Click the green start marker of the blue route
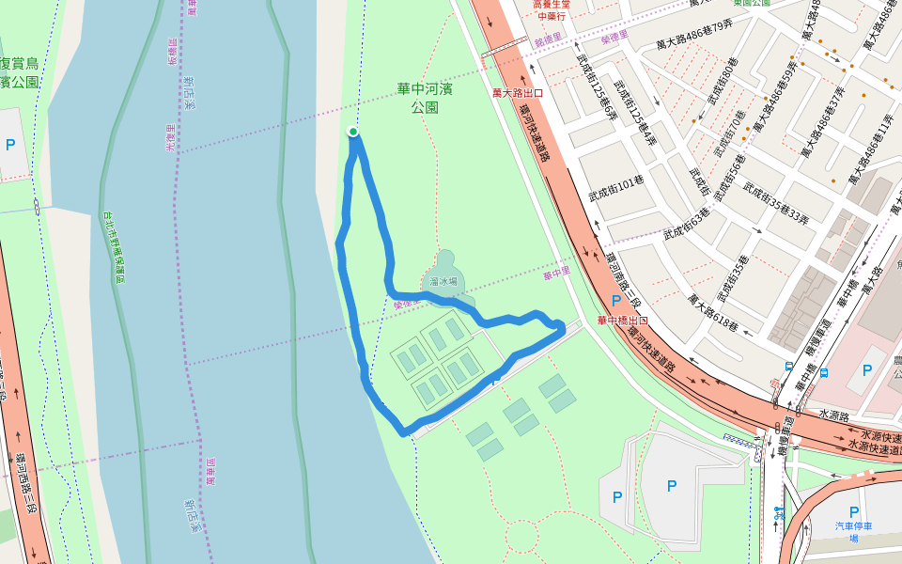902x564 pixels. (353, 132)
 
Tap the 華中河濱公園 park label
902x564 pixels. (424, 98)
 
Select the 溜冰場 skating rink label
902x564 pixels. (443, 280)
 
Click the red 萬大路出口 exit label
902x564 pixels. (518, 93)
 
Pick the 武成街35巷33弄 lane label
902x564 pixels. (775, 201)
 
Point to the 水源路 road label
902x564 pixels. (833, 413)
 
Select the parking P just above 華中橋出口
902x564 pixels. (616, 301)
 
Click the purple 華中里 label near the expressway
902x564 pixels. (556, 275)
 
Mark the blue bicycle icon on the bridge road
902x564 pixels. (778, 513)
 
